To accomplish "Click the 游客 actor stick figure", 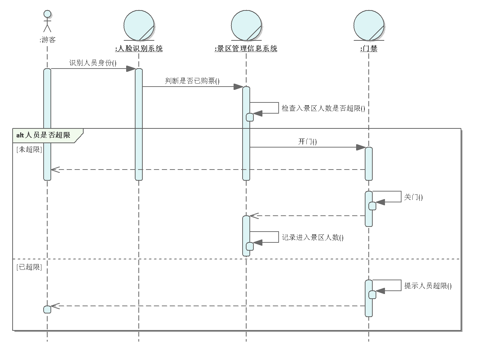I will (x=47, y=21).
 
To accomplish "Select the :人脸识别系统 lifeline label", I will (x=139, y=49).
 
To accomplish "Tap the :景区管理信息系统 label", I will (x=246, y=49).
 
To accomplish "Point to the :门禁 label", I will (x=369, y=49).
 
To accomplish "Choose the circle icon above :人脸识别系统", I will (x=139, y=25).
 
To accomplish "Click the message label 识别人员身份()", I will (x=93, y=63).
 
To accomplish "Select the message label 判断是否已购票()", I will (x=192, y=81).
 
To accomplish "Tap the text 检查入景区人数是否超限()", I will (x=323, y=109).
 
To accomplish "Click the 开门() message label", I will (x=307, y=141).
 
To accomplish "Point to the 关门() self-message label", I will (x=413, y=197).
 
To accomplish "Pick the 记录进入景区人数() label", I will (x=313, y=238).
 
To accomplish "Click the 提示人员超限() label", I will (x=428, y=286).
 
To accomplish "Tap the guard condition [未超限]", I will (x=29, y=150).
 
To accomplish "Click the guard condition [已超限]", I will (x=29, y=267).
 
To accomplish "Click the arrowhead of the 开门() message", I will (x=361, y=147).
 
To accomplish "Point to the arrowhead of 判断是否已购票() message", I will (x=238, y=87).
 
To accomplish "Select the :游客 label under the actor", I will (x=48, y=40).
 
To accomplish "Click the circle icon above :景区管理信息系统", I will (x=246, y=25).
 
